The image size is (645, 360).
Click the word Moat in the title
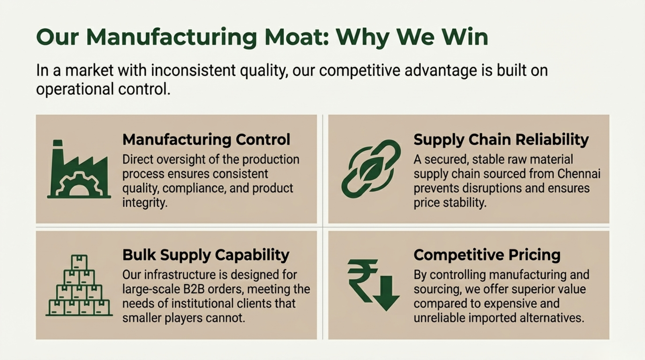point(296,37)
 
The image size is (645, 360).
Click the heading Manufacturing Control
point(206,140)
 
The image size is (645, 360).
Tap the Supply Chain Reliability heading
point(501,140)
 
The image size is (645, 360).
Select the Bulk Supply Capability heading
point(206,255)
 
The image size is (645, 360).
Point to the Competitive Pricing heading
point(487,255)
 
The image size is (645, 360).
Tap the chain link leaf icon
point(371,169)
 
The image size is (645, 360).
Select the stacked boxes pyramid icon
point(79,285)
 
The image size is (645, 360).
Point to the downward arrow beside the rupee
point(386,293)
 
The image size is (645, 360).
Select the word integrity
point(145,203)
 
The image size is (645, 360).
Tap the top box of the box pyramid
point(79,262)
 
